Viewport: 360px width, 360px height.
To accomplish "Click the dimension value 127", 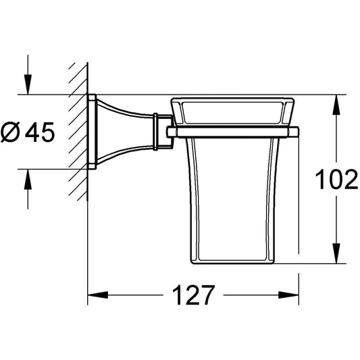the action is pos(193,295).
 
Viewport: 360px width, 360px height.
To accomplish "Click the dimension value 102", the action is pos(336,179).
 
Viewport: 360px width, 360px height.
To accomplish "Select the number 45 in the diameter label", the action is pos(40,132).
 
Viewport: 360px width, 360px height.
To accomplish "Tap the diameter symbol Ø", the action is pos(10,132).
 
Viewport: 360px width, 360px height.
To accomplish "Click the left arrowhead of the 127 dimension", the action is pos(98,295).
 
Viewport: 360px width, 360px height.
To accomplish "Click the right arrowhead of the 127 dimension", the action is pos(288,295).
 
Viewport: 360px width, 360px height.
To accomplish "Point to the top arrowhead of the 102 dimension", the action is pos(336,105).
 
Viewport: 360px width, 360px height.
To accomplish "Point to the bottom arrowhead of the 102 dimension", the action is pos(336,253).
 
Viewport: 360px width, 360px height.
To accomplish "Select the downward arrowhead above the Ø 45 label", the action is pos(28,84).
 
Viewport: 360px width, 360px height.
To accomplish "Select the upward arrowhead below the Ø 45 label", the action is pos(28,179).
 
